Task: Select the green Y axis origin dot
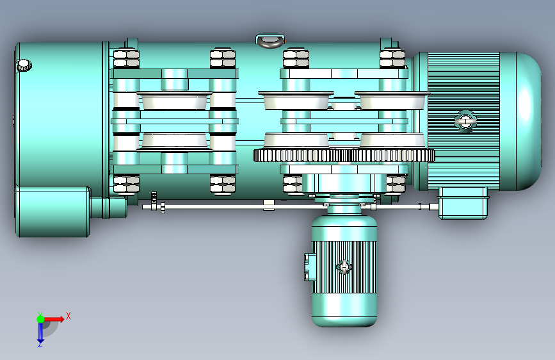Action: click(40, 319)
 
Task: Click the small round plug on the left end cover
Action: click(24, 65)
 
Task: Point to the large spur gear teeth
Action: click(344, 155)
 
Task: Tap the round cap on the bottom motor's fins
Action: click(344, 267)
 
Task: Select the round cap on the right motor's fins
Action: click(465, 121)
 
